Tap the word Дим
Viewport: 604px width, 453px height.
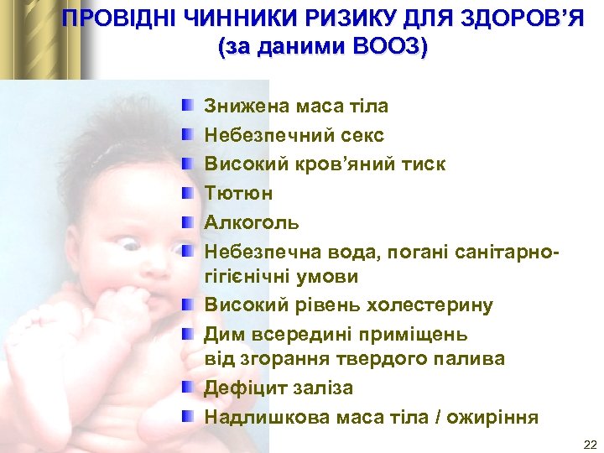pyautogui.click(x=221, y=334)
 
